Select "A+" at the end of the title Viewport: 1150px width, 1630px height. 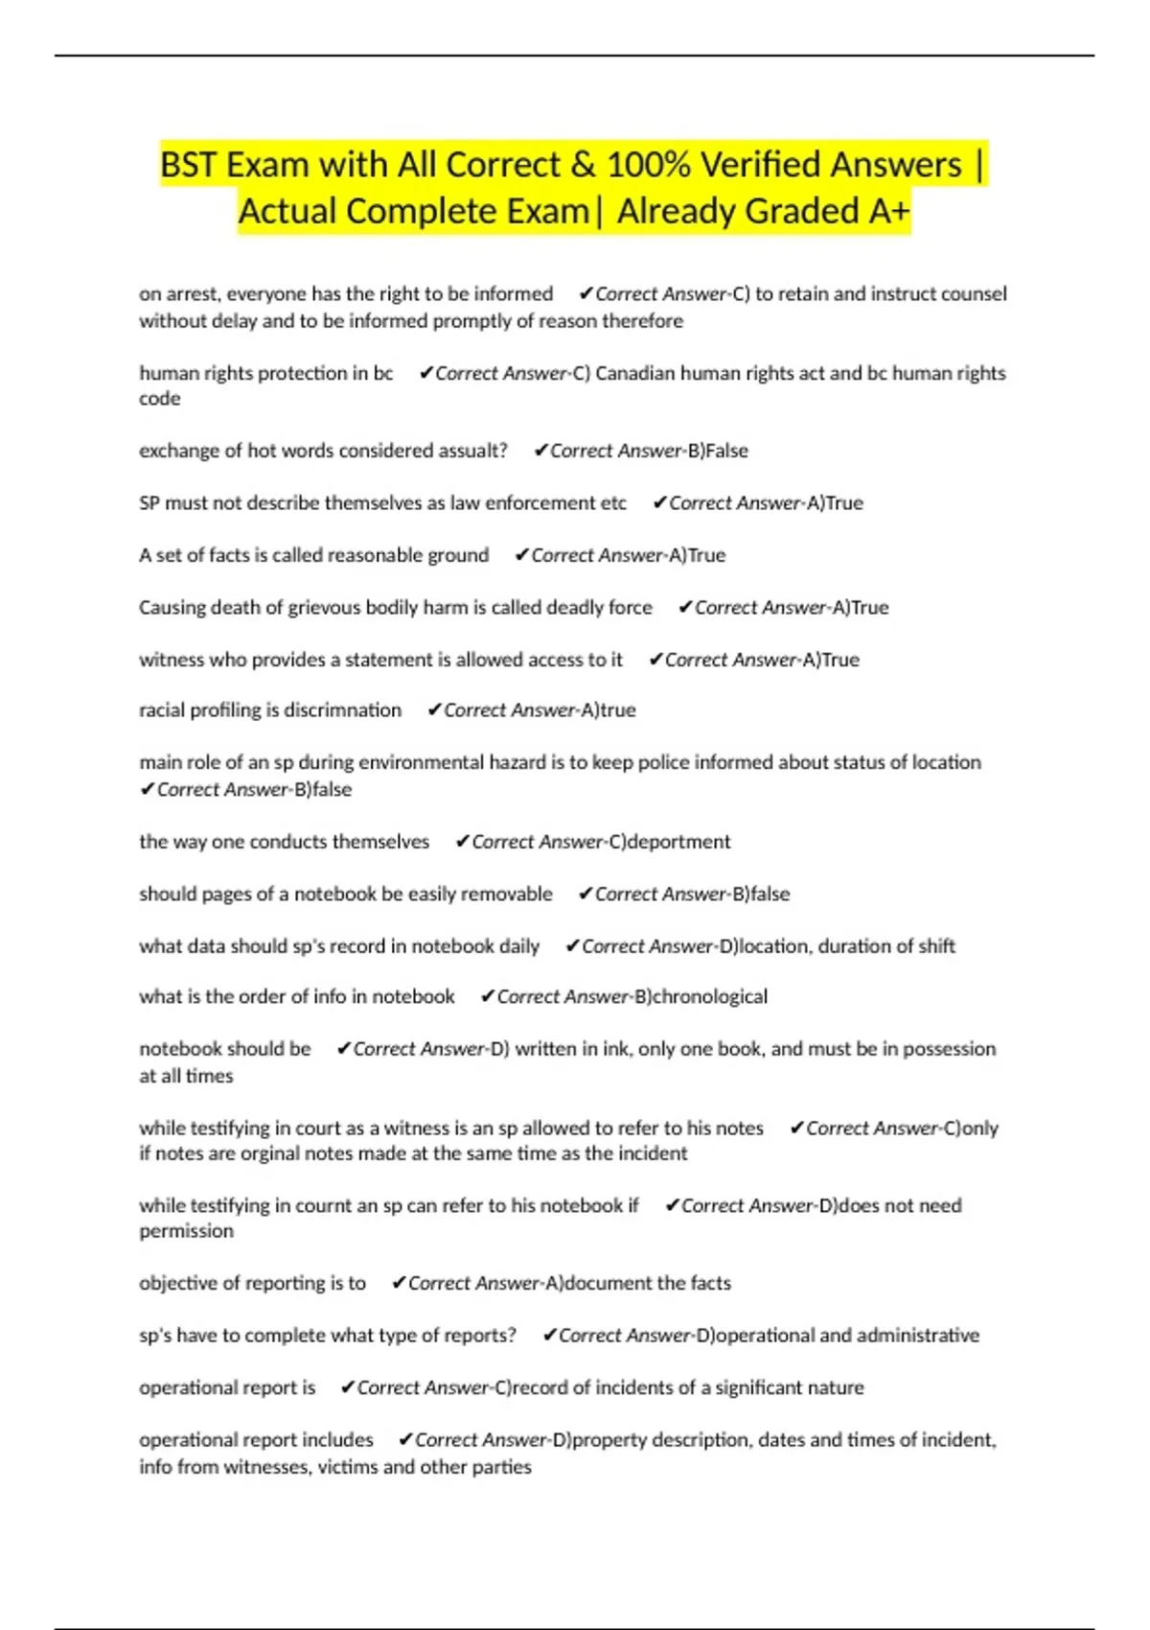tap(888, 211)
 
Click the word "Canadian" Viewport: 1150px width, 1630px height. tap(635, 373)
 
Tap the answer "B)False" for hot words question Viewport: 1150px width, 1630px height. tap(718, 451)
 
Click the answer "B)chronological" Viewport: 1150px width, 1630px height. tap(701, 997)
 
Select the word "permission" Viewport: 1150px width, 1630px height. tap(186, 1231)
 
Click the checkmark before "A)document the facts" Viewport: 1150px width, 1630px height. tap(399, 1283)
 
